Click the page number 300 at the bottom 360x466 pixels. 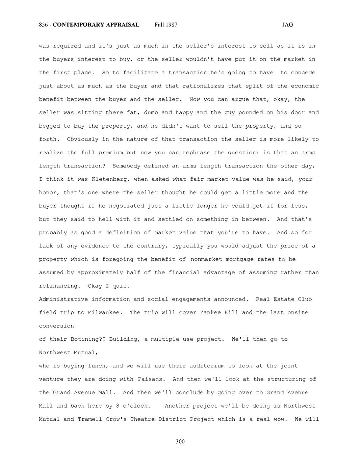click(180, 442)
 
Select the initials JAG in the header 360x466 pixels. click(287, 25)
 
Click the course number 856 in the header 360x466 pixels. click(43, 25)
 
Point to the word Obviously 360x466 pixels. click(82, 139)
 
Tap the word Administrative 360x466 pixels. click(63, 299)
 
